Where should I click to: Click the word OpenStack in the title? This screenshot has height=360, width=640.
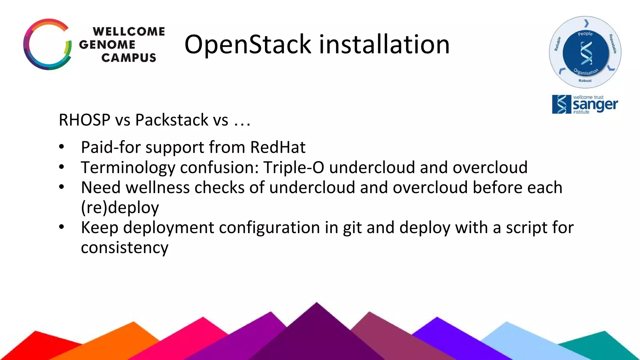point(247,45)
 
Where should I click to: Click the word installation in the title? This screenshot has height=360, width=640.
point(384,45)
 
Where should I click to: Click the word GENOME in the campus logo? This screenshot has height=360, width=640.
point(107,45)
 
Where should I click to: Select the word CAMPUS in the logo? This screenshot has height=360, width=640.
point(128,58)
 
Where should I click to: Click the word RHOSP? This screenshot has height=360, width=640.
point(84,120)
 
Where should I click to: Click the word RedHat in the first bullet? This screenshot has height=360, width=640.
point(277,147)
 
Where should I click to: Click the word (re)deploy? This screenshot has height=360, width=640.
point(120,207)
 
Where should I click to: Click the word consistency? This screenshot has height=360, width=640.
point(124,248)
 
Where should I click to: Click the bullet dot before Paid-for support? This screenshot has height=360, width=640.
point(62,147)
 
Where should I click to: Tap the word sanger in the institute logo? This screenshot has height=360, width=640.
point(595,105)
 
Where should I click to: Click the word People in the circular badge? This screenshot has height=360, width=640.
point(585,34)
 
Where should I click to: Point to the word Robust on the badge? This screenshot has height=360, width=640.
point(585,81)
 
